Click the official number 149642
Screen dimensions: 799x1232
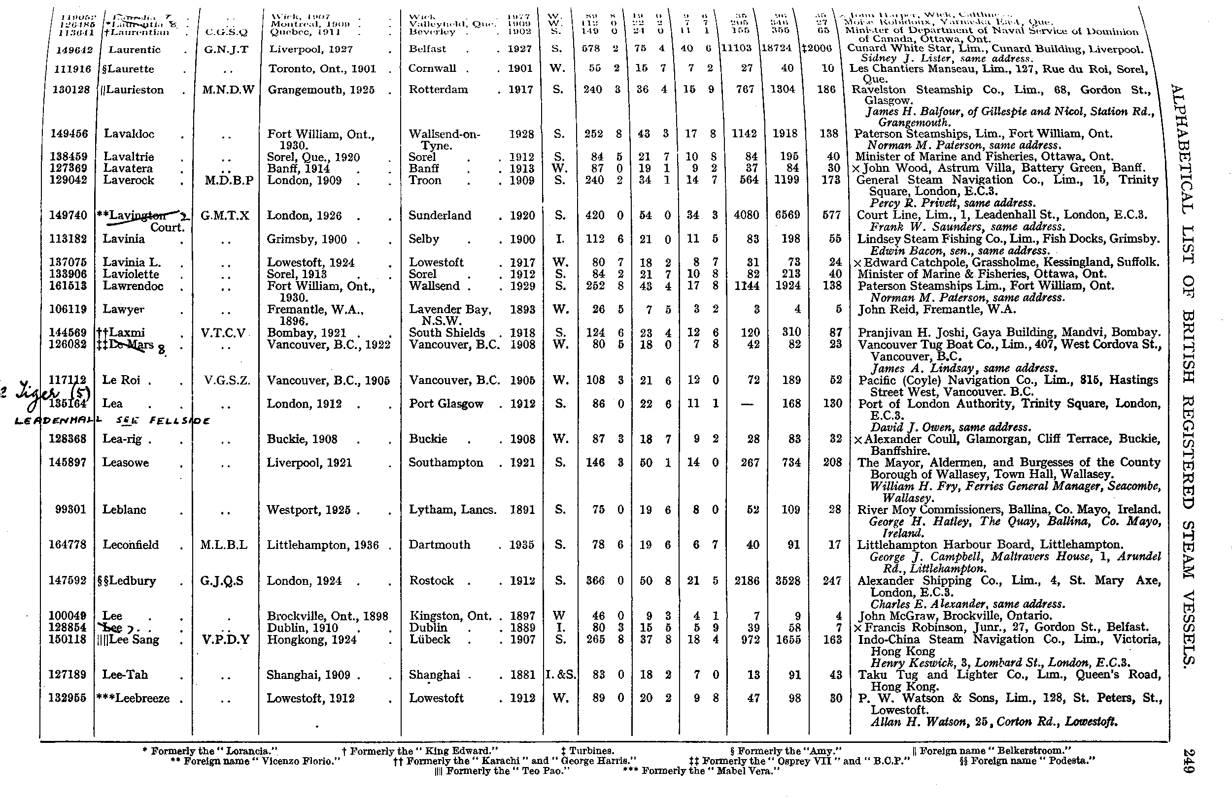pos(72,50)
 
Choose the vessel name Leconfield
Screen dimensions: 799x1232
pos(131,545)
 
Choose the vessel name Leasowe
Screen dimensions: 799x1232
pos(126,463)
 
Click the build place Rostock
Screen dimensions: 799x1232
pos(431,581)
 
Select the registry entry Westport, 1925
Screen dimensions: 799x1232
pos(308,510)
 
